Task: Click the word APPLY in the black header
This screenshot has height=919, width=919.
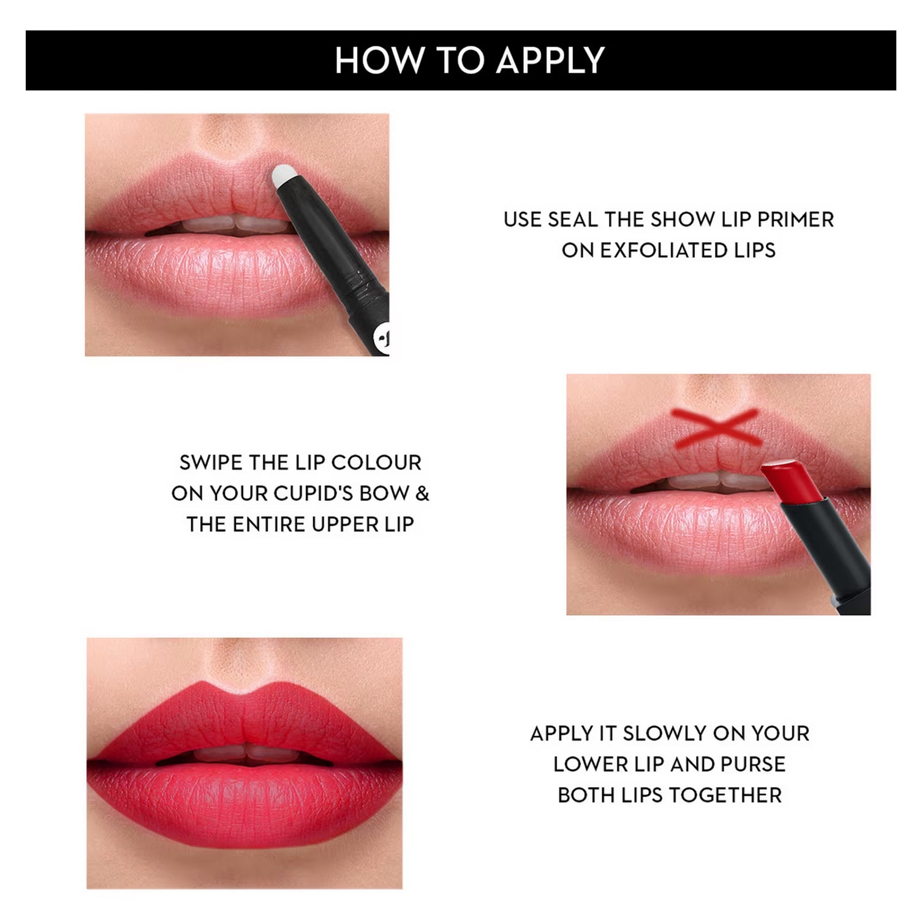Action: tap(550, 60)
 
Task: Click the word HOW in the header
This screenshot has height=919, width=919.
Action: tap(380, 60)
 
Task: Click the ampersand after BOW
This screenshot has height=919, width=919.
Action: tap(423, 493)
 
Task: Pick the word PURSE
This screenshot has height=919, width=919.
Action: tap(753, 764)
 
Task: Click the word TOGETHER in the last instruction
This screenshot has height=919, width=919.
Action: tap(725, 795)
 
